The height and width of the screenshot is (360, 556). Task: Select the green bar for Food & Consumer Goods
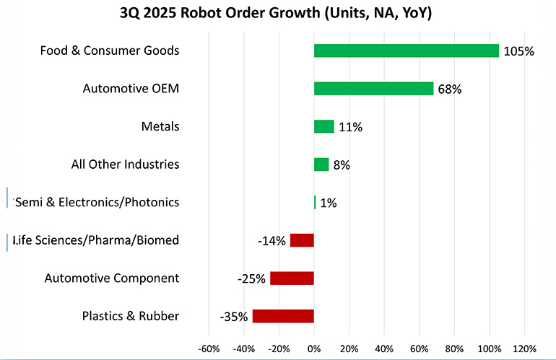coord(406,51)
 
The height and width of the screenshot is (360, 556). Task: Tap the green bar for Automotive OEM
coord(373,89)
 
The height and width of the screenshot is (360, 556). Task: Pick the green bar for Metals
coord(323,127)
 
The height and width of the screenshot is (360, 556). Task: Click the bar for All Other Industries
coord(321,164)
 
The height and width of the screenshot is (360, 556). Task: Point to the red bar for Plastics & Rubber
coord(283,316)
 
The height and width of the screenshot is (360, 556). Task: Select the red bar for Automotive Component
coord(292,278)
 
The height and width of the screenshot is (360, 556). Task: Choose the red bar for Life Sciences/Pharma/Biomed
coord(302,240)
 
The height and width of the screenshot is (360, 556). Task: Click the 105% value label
coord(518,51)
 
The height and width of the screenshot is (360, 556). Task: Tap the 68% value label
coord(449,89)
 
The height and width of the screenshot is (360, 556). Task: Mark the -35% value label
coord(234,317)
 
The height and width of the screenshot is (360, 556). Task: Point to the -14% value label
coord(272,241)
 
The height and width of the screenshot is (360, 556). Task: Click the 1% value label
coord(328,203)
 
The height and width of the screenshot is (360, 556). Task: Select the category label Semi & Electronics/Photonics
coord(96,202)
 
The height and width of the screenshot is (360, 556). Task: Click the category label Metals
coord(160,127)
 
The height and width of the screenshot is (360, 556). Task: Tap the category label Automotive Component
coord(111,278)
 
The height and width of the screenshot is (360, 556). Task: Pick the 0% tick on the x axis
coord(314,349)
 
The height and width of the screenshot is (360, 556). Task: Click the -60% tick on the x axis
coord(209,349)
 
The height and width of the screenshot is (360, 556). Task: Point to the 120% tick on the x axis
coord(524,349)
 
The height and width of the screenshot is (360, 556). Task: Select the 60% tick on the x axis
coord(419,349)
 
